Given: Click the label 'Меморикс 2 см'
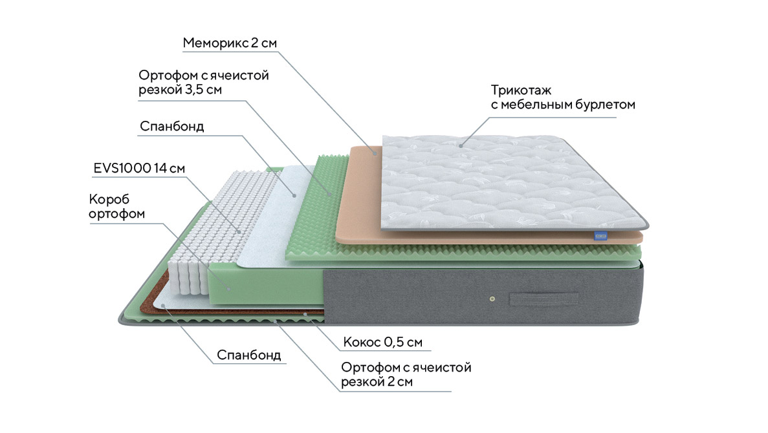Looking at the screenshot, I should tap(230, 43).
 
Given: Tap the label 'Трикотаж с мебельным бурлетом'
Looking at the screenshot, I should tap(562, 97).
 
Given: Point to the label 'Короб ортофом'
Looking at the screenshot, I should tap(116, 206).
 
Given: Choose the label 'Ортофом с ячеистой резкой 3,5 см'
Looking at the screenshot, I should tap(204, 83).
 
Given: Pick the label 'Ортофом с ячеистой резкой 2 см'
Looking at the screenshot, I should tap(406, 375).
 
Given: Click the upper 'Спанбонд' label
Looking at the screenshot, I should tap(171, 127).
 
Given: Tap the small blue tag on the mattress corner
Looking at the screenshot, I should tap(601, 237).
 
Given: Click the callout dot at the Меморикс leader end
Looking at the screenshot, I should tap(375, 153).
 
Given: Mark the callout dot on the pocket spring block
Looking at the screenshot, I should tap(239, 231).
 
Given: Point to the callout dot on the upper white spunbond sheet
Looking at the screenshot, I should tap(294, 194).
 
